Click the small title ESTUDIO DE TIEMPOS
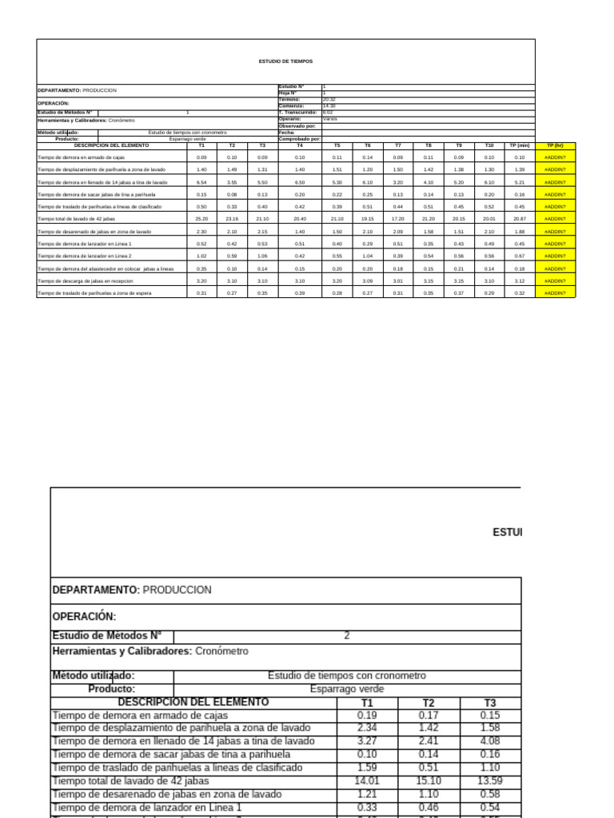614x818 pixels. (x=285, y=61)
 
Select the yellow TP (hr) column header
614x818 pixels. (x=554, y=145)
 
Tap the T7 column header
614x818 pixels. (x=397, y=145)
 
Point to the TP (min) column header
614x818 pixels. (x=520, y=145)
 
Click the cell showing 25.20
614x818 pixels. (x=201, y=219)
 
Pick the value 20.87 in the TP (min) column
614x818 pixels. (x=520, y=219)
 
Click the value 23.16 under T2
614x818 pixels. (x=232, y=219)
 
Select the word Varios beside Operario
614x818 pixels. (x=329, y=119)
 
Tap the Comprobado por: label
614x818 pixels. (x=299, y=139)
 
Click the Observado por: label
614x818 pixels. (x=297, y=126)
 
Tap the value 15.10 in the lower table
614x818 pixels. (x=429, y=780)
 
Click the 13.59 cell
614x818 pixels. (x=489, y=780)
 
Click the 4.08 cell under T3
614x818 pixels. (x=489, y=741)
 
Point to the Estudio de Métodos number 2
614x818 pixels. (x=346, y=636)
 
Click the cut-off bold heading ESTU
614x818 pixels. (x=507, y=532)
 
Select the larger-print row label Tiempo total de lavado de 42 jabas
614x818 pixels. (x=130, y=780)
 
